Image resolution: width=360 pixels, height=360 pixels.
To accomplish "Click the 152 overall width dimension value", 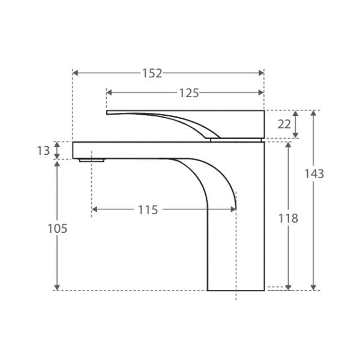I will pos(152,73).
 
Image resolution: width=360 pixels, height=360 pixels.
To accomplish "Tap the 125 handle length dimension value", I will pos(188,92).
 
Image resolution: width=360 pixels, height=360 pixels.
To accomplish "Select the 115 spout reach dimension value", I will pos(148,210).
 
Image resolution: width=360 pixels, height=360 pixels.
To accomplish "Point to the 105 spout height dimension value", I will pos(58,229).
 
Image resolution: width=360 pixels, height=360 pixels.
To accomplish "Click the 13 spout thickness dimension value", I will pos(43,151).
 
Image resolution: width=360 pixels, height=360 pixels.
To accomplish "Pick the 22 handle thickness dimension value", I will pos(284,124).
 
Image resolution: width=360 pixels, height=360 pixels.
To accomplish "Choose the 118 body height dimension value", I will pos(289,218).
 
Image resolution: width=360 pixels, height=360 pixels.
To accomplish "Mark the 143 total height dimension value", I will pos(314,174).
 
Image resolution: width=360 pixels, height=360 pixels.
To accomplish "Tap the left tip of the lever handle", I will pos(108,112).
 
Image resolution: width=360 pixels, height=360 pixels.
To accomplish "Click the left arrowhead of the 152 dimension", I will pos(75,73).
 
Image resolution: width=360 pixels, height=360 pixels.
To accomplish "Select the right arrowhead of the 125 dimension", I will pos(261,92).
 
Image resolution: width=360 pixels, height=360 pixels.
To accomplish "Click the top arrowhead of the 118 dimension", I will pos(289,145).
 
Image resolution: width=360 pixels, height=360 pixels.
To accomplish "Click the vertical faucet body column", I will pos(236,252).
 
